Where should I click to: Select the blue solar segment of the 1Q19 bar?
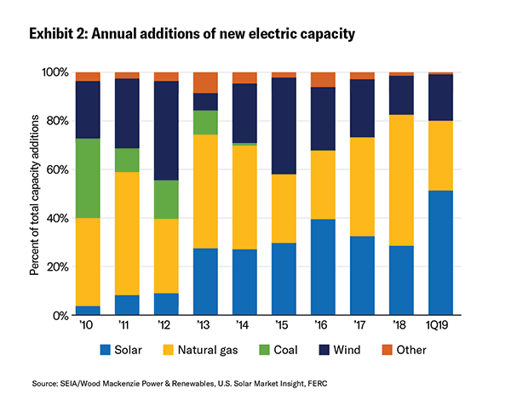(x=440, y=253)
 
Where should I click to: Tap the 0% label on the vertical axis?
(x=59, y=316)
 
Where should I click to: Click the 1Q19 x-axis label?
(x=440, y=327)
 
